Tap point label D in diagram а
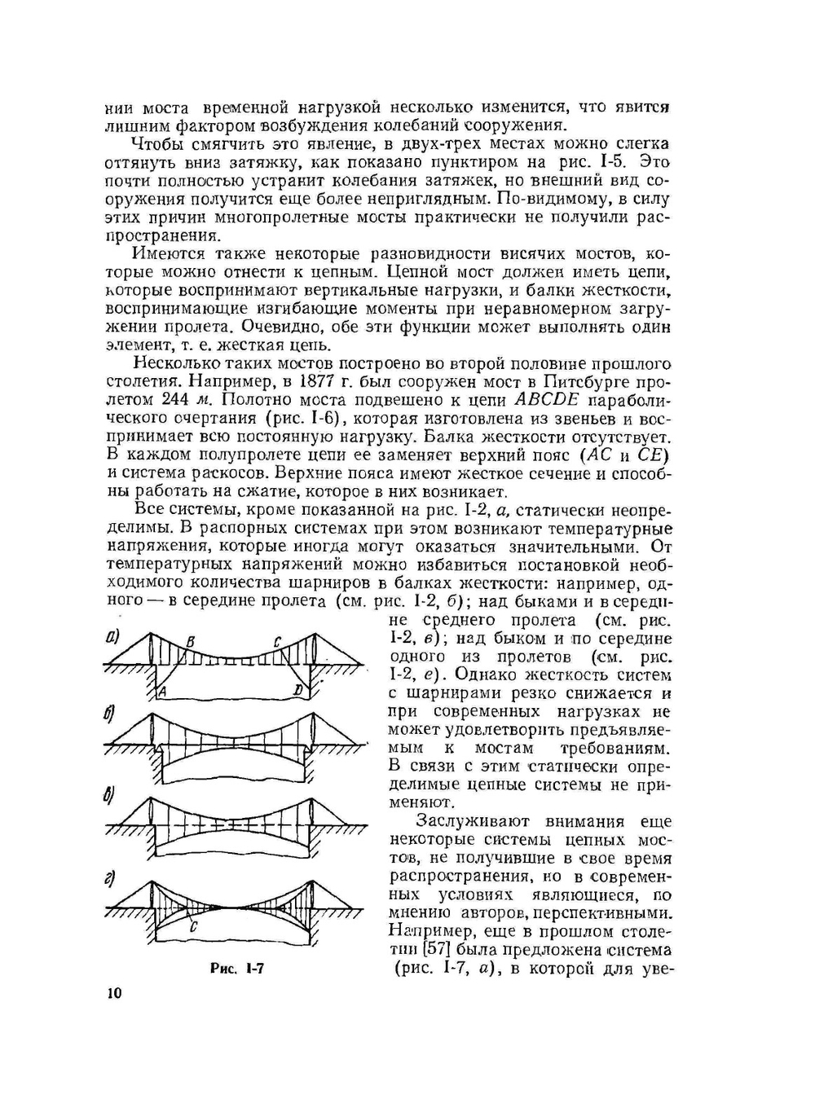(299, 692)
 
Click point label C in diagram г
(192, 926)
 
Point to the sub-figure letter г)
(110, 878)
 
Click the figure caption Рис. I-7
(237, 969)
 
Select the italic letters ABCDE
(547, 400)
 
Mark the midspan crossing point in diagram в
(233, 823)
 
